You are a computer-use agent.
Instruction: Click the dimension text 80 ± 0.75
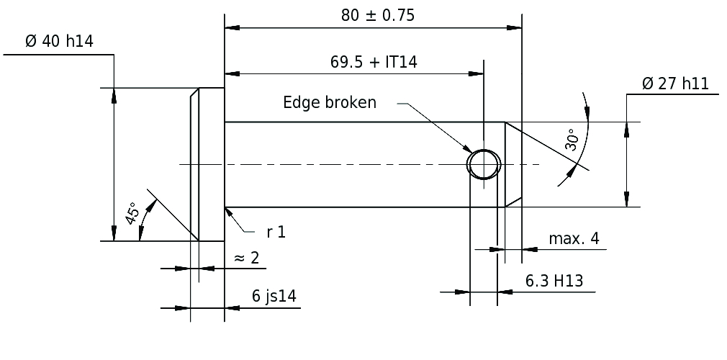pos(378,16)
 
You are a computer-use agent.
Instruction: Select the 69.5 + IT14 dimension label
pos(374,62)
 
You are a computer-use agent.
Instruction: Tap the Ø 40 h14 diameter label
pos(59,41)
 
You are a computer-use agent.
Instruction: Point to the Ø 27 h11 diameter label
pos(676,84)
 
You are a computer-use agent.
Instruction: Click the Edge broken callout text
pos(330,102)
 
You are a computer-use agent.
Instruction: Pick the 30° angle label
pos(572,140)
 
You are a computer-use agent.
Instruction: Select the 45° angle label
pos(132,213)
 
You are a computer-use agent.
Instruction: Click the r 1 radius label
pos(276,232)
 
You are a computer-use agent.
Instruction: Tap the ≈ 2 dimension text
pos(247,258)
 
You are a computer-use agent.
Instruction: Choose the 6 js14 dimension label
pos(274,296)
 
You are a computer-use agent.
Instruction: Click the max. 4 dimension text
pos(574,238)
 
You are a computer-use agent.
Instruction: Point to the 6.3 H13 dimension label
pos(554,281)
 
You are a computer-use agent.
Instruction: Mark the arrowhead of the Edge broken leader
pos(467,148)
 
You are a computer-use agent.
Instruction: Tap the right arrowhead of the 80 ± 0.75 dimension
pos(514,28)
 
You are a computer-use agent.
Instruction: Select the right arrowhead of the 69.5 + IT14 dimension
pos(476,73)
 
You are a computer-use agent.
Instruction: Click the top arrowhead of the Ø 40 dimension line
pos(114,95)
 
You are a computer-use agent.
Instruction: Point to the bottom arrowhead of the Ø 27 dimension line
pos(627,199)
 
